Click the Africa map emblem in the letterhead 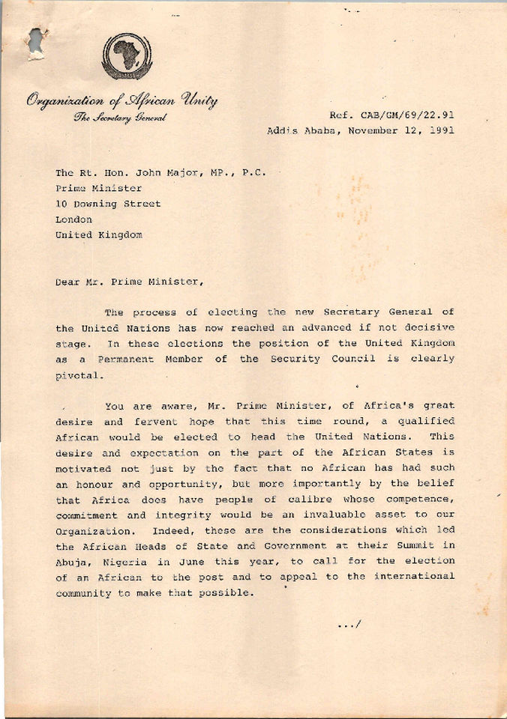pos(127,55)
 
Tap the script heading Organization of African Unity pos(122,100)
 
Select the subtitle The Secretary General pos(120,117)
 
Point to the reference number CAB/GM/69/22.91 pos(411,115)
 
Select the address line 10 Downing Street pos(108,204)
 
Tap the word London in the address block pos(73,219)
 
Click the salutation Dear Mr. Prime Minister pos(128,282)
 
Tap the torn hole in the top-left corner pos(35,41)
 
